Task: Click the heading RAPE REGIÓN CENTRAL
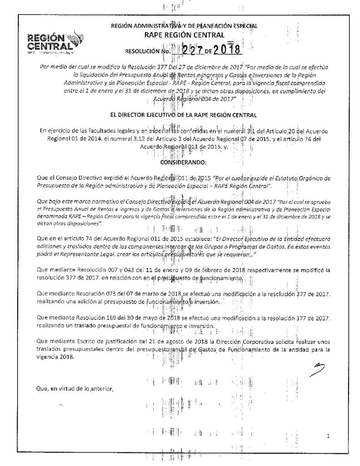[184, 35]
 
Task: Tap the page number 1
[328, 437]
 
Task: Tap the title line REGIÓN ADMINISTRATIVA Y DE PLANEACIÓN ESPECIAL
[184, 25]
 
